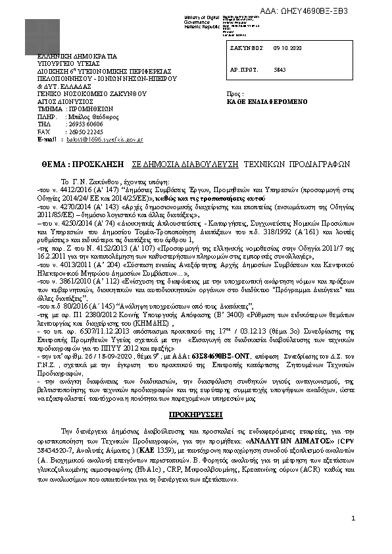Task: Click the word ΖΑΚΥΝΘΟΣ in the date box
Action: click(247, 48)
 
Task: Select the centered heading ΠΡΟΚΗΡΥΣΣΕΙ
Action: click(195, 415)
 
